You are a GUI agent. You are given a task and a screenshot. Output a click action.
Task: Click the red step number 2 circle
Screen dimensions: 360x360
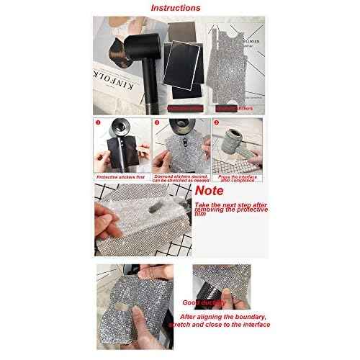tap(156, 122)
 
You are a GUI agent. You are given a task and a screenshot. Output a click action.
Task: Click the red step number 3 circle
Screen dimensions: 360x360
tap(215, 122)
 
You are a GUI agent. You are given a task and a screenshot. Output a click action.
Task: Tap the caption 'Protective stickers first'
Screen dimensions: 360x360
tap(120, 175)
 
